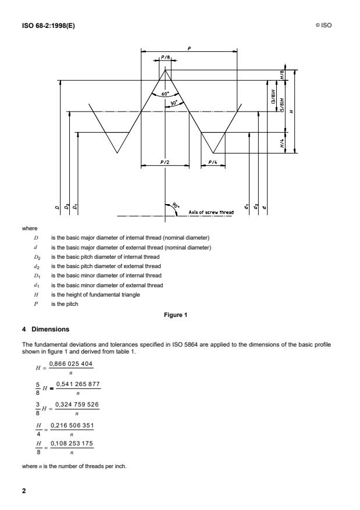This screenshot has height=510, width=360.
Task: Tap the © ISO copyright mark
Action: pos(325,25)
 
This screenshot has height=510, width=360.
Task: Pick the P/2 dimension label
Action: pos(165,162)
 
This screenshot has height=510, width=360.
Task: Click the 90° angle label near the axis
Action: pos(176,206)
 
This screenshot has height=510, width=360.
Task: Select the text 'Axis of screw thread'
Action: pos(211,212)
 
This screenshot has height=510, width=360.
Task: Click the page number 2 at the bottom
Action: pos(23,490)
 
